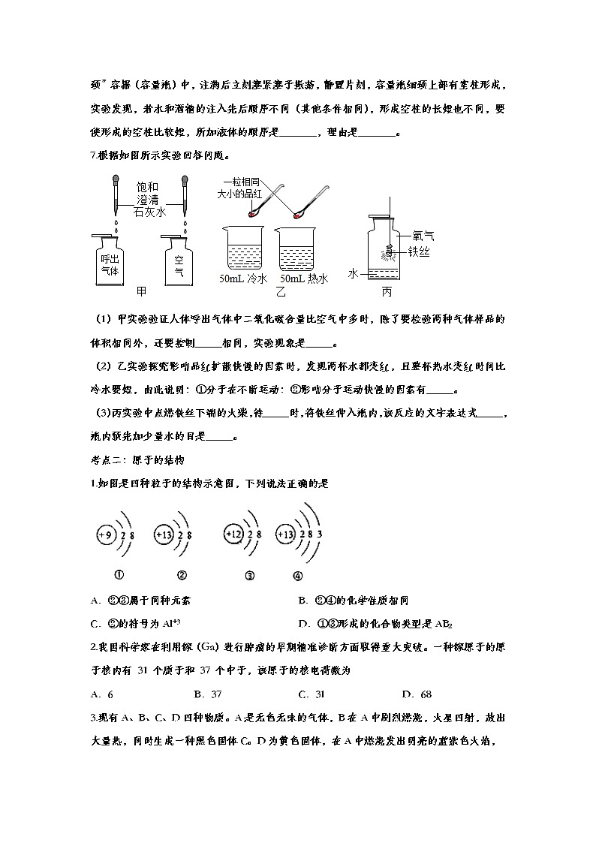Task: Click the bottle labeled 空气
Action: (179, 260)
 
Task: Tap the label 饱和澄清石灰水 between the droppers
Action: (148, 199)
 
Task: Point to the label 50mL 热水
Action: (303, 279)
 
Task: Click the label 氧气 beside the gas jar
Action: (423, 236)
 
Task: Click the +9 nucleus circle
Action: (106, 534)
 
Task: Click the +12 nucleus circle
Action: (233, 534)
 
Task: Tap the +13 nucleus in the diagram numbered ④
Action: (285, 534)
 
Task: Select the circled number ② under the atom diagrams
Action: (181, 575)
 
